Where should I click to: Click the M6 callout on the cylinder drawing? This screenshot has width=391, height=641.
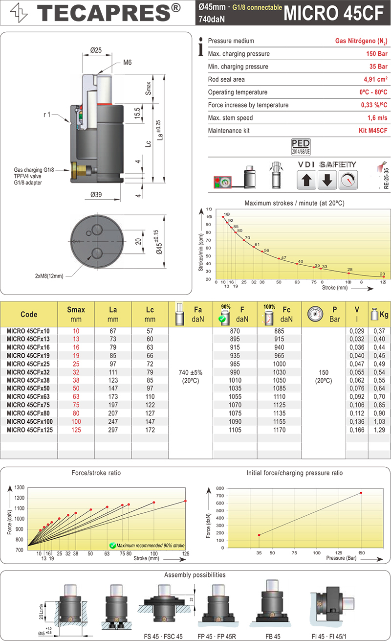128,62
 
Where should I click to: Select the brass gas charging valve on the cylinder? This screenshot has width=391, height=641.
79,171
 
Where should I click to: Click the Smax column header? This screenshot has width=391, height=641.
76,314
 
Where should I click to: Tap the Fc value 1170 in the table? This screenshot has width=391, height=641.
280,430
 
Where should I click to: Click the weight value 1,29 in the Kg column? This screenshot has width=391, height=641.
379,430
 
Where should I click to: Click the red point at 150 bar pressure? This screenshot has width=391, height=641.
361,493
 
